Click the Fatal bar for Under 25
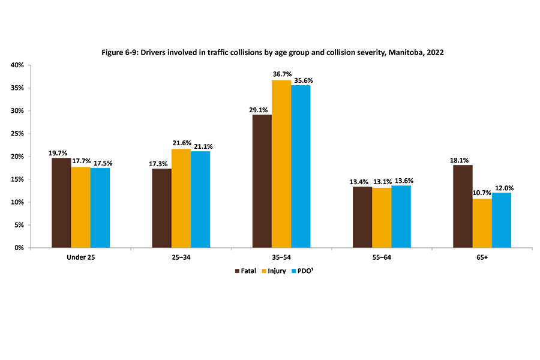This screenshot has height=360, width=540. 61,203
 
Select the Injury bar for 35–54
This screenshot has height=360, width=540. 281,164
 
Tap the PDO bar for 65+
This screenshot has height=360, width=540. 501,220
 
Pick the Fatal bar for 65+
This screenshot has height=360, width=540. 463,206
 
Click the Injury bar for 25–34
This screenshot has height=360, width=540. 181,198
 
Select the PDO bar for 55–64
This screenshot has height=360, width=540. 401,217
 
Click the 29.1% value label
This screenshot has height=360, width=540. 262,109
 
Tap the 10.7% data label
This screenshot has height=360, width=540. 482,193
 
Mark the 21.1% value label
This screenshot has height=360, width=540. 201,146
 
